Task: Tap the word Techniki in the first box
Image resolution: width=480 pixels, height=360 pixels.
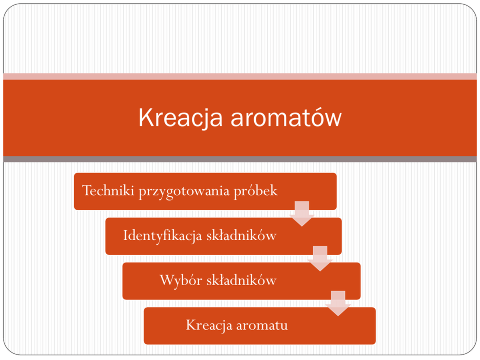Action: tap(108, 190)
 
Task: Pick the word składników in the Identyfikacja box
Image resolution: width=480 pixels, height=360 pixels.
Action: tap(241, 235)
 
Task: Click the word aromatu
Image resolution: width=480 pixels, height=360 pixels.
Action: tap(262, 326)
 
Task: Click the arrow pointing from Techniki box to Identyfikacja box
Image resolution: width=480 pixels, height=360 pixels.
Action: tap(302, 214)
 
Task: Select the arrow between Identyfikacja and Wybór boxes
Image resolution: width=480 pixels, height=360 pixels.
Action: tap(320, 258)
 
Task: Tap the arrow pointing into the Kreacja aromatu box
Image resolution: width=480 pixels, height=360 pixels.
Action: tap(338, 303)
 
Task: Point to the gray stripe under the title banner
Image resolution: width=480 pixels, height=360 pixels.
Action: tap(240, 159)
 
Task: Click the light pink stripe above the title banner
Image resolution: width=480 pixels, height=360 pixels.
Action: tap(240, 76)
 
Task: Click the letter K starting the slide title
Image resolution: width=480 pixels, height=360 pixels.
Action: tap(146, 117)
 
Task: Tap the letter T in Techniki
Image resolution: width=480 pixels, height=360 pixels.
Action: tap(88, 191)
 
